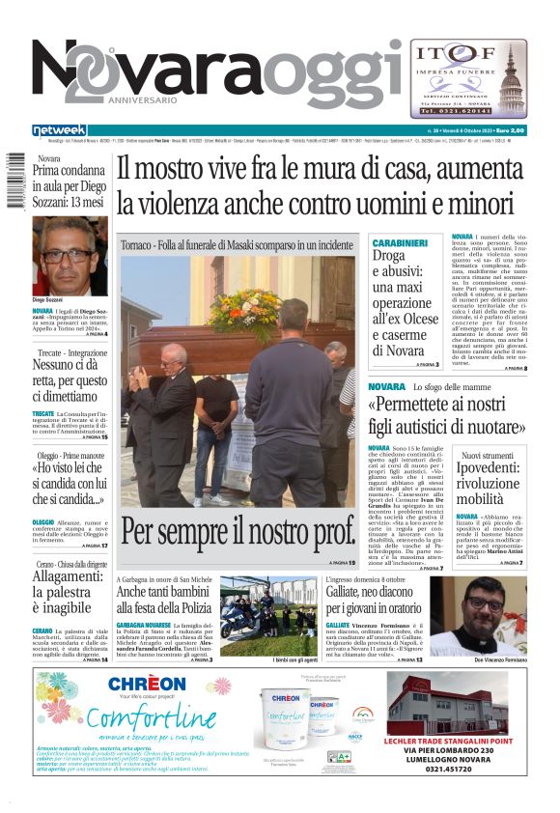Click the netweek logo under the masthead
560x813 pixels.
point(60,130)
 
